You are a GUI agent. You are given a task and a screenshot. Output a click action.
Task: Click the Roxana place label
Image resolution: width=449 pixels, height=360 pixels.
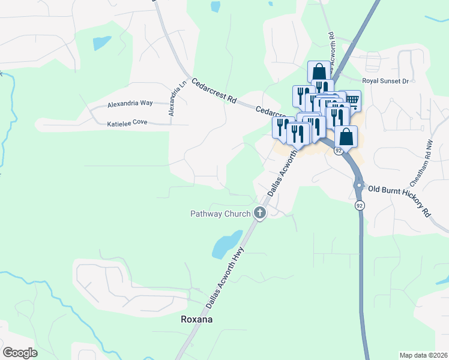[196, 319]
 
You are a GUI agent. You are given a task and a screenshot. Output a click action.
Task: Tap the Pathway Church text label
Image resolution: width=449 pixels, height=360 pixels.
[220, 214]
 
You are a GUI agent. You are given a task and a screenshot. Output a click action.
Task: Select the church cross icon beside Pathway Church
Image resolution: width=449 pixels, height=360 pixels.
[260, 212]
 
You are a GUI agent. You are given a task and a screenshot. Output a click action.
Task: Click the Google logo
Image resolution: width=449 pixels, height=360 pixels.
[20, 353]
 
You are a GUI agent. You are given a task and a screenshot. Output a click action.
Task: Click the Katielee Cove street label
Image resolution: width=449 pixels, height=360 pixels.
[127, 124]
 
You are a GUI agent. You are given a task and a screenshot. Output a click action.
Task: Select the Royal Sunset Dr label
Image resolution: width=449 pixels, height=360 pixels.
[385, 80]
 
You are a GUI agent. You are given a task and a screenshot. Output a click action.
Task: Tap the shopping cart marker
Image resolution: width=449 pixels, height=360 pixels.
[351, 100]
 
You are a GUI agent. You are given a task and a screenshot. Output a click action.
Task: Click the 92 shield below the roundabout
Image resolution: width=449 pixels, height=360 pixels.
[359, 205]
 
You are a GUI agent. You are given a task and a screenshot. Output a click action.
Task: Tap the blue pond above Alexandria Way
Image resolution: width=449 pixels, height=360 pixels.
[101, 43]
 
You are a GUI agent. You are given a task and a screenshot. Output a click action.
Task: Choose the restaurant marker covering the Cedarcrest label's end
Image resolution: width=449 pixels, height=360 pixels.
[282, 127]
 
